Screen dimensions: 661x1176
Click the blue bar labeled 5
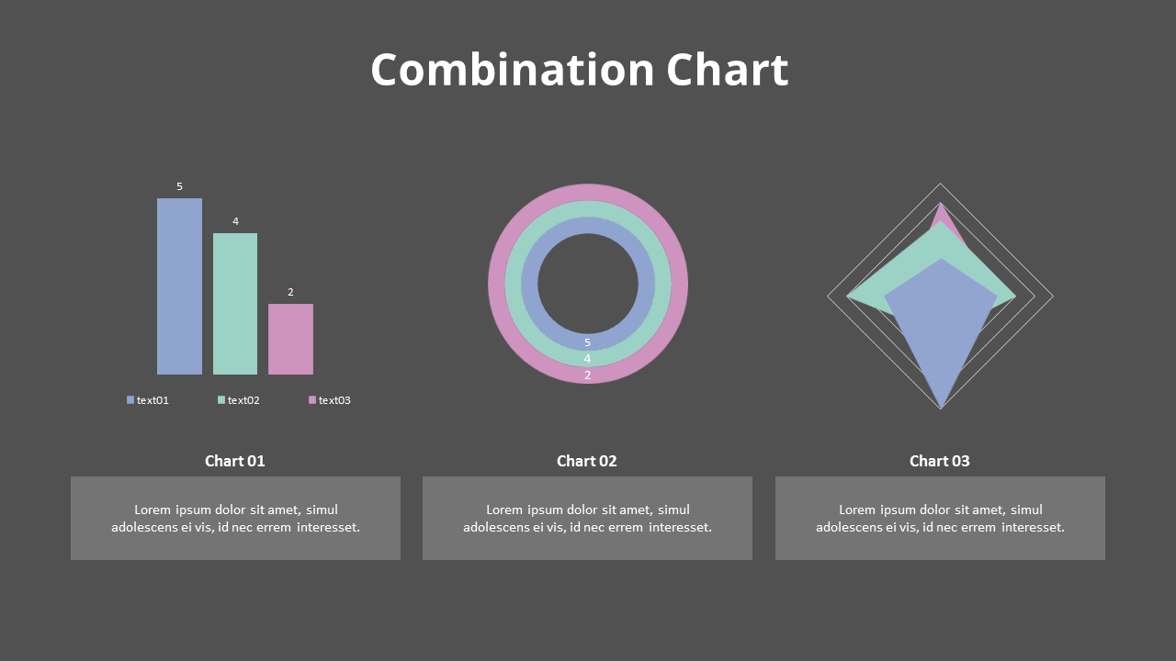pos(179,286)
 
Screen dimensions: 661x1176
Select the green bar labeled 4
pos(235,304)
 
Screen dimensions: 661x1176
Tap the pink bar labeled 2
pos(290,339)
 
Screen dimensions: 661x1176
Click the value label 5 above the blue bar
pos(179,186)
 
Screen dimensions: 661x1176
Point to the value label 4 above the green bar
pos(235,221)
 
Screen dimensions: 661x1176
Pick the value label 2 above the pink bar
pos(290,292)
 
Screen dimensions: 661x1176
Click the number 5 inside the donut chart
pos(588,342)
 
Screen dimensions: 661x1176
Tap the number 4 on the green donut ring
pos(588,359)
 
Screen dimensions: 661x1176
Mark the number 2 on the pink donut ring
pos(588,375)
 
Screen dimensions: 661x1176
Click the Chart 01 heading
pos(235,461)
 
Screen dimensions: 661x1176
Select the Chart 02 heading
pos(587,461)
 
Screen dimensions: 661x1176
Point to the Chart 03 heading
pos(940,461)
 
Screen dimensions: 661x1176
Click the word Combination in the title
pos(512,70)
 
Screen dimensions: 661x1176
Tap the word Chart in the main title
pos(727,70)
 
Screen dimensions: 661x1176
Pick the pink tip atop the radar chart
pos(940,213)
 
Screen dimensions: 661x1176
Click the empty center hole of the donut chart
pos(588,284)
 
